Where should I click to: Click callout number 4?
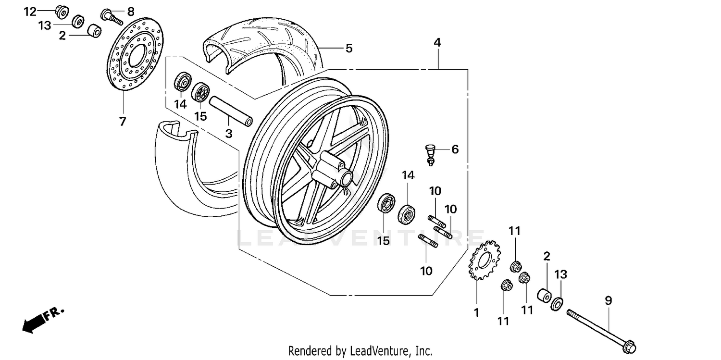point(437,42)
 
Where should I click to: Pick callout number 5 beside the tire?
point(349,48)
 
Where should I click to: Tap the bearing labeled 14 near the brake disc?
point(183,82)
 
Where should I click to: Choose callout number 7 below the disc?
point(123,122)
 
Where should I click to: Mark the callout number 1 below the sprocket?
point(476,313)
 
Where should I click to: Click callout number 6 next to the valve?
point(454,149)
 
